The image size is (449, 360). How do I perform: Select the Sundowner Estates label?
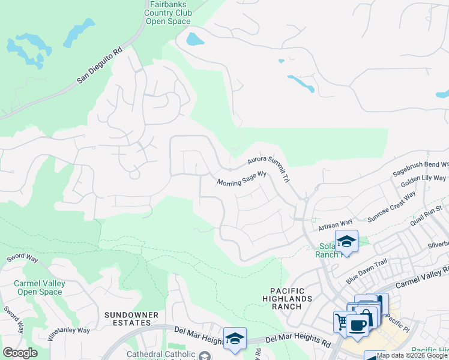131,319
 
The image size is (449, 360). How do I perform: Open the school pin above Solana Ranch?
346,241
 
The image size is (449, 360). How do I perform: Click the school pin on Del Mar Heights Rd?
235,338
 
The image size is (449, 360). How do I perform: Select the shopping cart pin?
342,322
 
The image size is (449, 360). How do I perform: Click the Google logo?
20,353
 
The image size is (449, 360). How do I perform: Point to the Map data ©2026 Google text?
412,355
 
